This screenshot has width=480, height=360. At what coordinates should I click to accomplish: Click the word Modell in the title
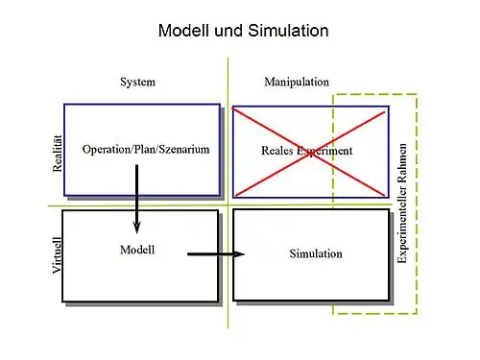tap(187, 31)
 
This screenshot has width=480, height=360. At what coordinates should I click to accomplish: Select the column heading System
tap(137, 83)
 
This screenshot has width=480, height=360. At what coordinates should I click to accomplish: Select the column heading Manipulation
tap(296, 83)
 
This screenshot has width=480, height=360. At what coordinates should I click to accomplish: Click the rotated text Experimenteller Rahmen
tap(403, 204)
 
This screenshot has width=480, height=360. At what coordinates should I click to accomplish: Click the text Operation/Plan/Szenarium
tap(146, 151)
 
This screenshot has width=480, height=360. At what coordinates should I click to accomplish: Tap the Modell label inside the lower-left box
tap(137, 250)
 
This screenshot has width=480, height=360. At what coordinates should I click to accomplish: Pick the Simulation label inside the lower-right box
tap(315, 253)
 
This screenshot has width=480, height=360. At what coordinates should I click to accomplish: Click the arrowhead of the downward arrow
tap(137, 228)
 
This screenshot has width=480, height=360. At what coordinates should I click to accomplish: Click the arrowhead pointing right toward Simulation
tap(239, 254)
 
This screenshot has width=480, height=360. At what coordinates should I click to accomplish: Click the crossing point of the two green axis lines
tap(228, 204)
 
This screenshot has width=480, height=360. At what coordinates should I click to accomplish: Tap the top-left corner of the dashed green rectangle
tap(334, 94)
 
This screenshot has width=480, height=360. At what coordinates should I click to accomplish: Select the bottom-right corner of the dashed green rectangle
tap(418, 314)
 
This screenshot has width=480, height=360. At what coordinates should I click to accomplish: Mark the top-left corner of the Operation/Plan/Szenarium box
tap(64, 104)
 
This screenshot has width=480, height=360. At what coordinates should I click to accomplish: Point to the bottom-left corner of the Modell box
tap(63, 301)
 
